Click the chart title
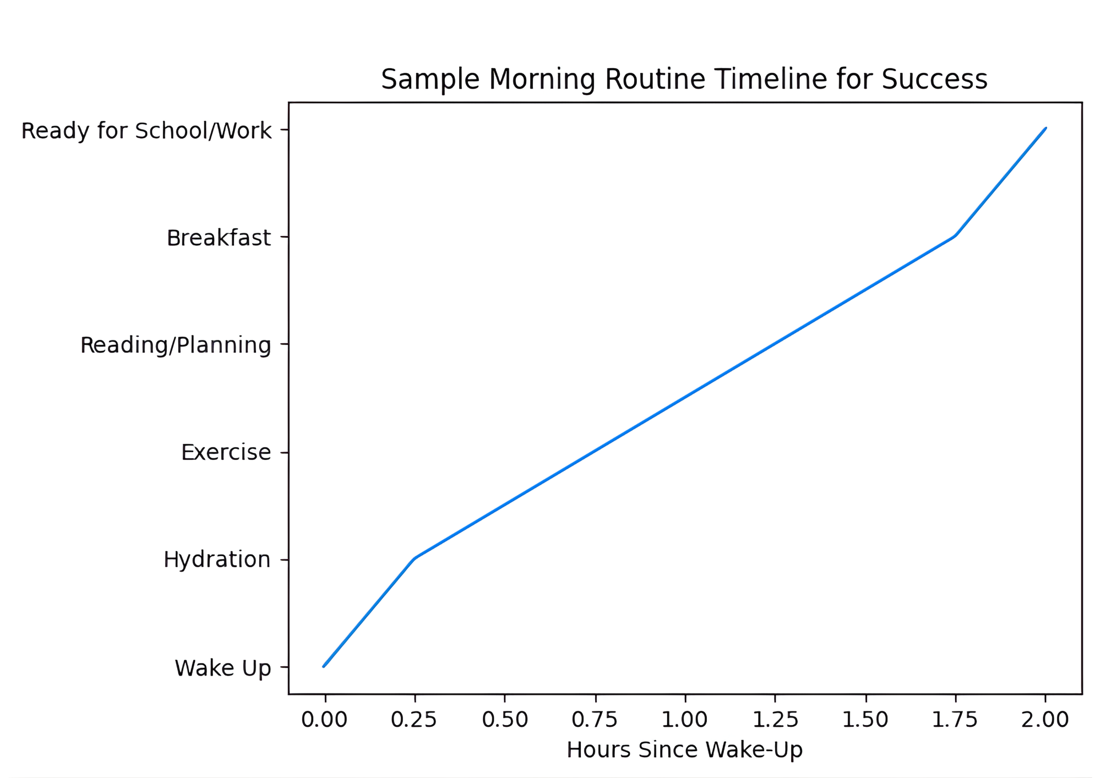tap(684, 79)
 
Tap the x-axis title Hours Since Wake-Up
tap(684, 750)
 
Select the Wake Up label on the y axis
tap(223, 668)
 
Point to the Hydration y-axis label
tap(217, 560)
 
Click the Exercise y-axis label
tap(226, 452)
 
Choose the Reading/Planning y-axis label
tap(176, 345)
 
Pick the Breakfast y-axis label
tap(219, 238)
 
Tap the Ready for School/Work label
tap(146, 131)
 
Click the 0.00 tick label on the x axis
tap(325, 720)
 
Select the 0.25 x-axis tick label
tap(414, 720)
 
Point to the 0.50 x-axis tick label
tap(505, 720)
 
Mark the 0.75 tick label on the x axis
tap(595, 720)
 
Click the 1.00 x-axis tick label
tap(685, 720)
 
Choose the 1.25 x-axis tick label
tap(775, 720)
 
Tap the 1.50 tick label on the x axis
tap(865, 720)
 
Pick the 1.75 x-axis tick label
tap(955, 720)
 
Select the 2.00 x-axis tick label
tap(1045, 720)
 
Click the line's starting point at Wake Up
tap(324, 666)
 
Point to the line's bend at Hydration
tap(414, 558)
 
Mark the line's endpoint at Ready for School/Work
tap(1045, 128)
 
